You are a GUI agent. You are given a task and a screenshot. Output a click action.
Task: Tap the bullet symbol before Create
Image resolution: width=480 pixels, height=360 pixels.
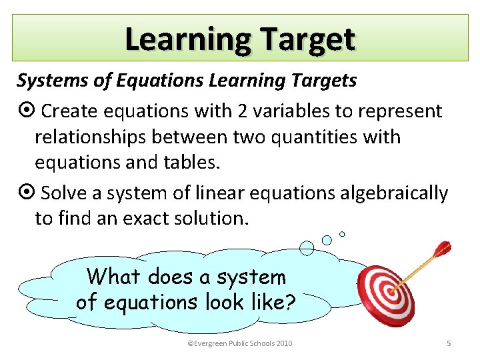point(26,111)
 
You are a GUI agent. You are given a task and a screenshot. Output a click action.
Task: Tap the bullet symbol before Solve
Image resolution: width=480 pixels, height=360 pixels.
point(26,193)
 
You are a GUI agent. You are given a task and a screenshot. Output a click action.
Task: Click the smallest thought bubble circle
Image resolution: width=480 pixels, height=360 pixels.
point(342,234)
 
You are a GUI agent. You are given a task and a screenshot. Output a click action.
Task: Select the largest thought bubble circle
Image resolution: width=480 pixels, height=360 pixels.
point(307,249)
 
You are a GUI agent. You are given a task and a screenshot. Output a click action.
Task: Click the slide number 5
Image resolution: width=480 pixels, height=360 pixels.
point(448,343)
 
